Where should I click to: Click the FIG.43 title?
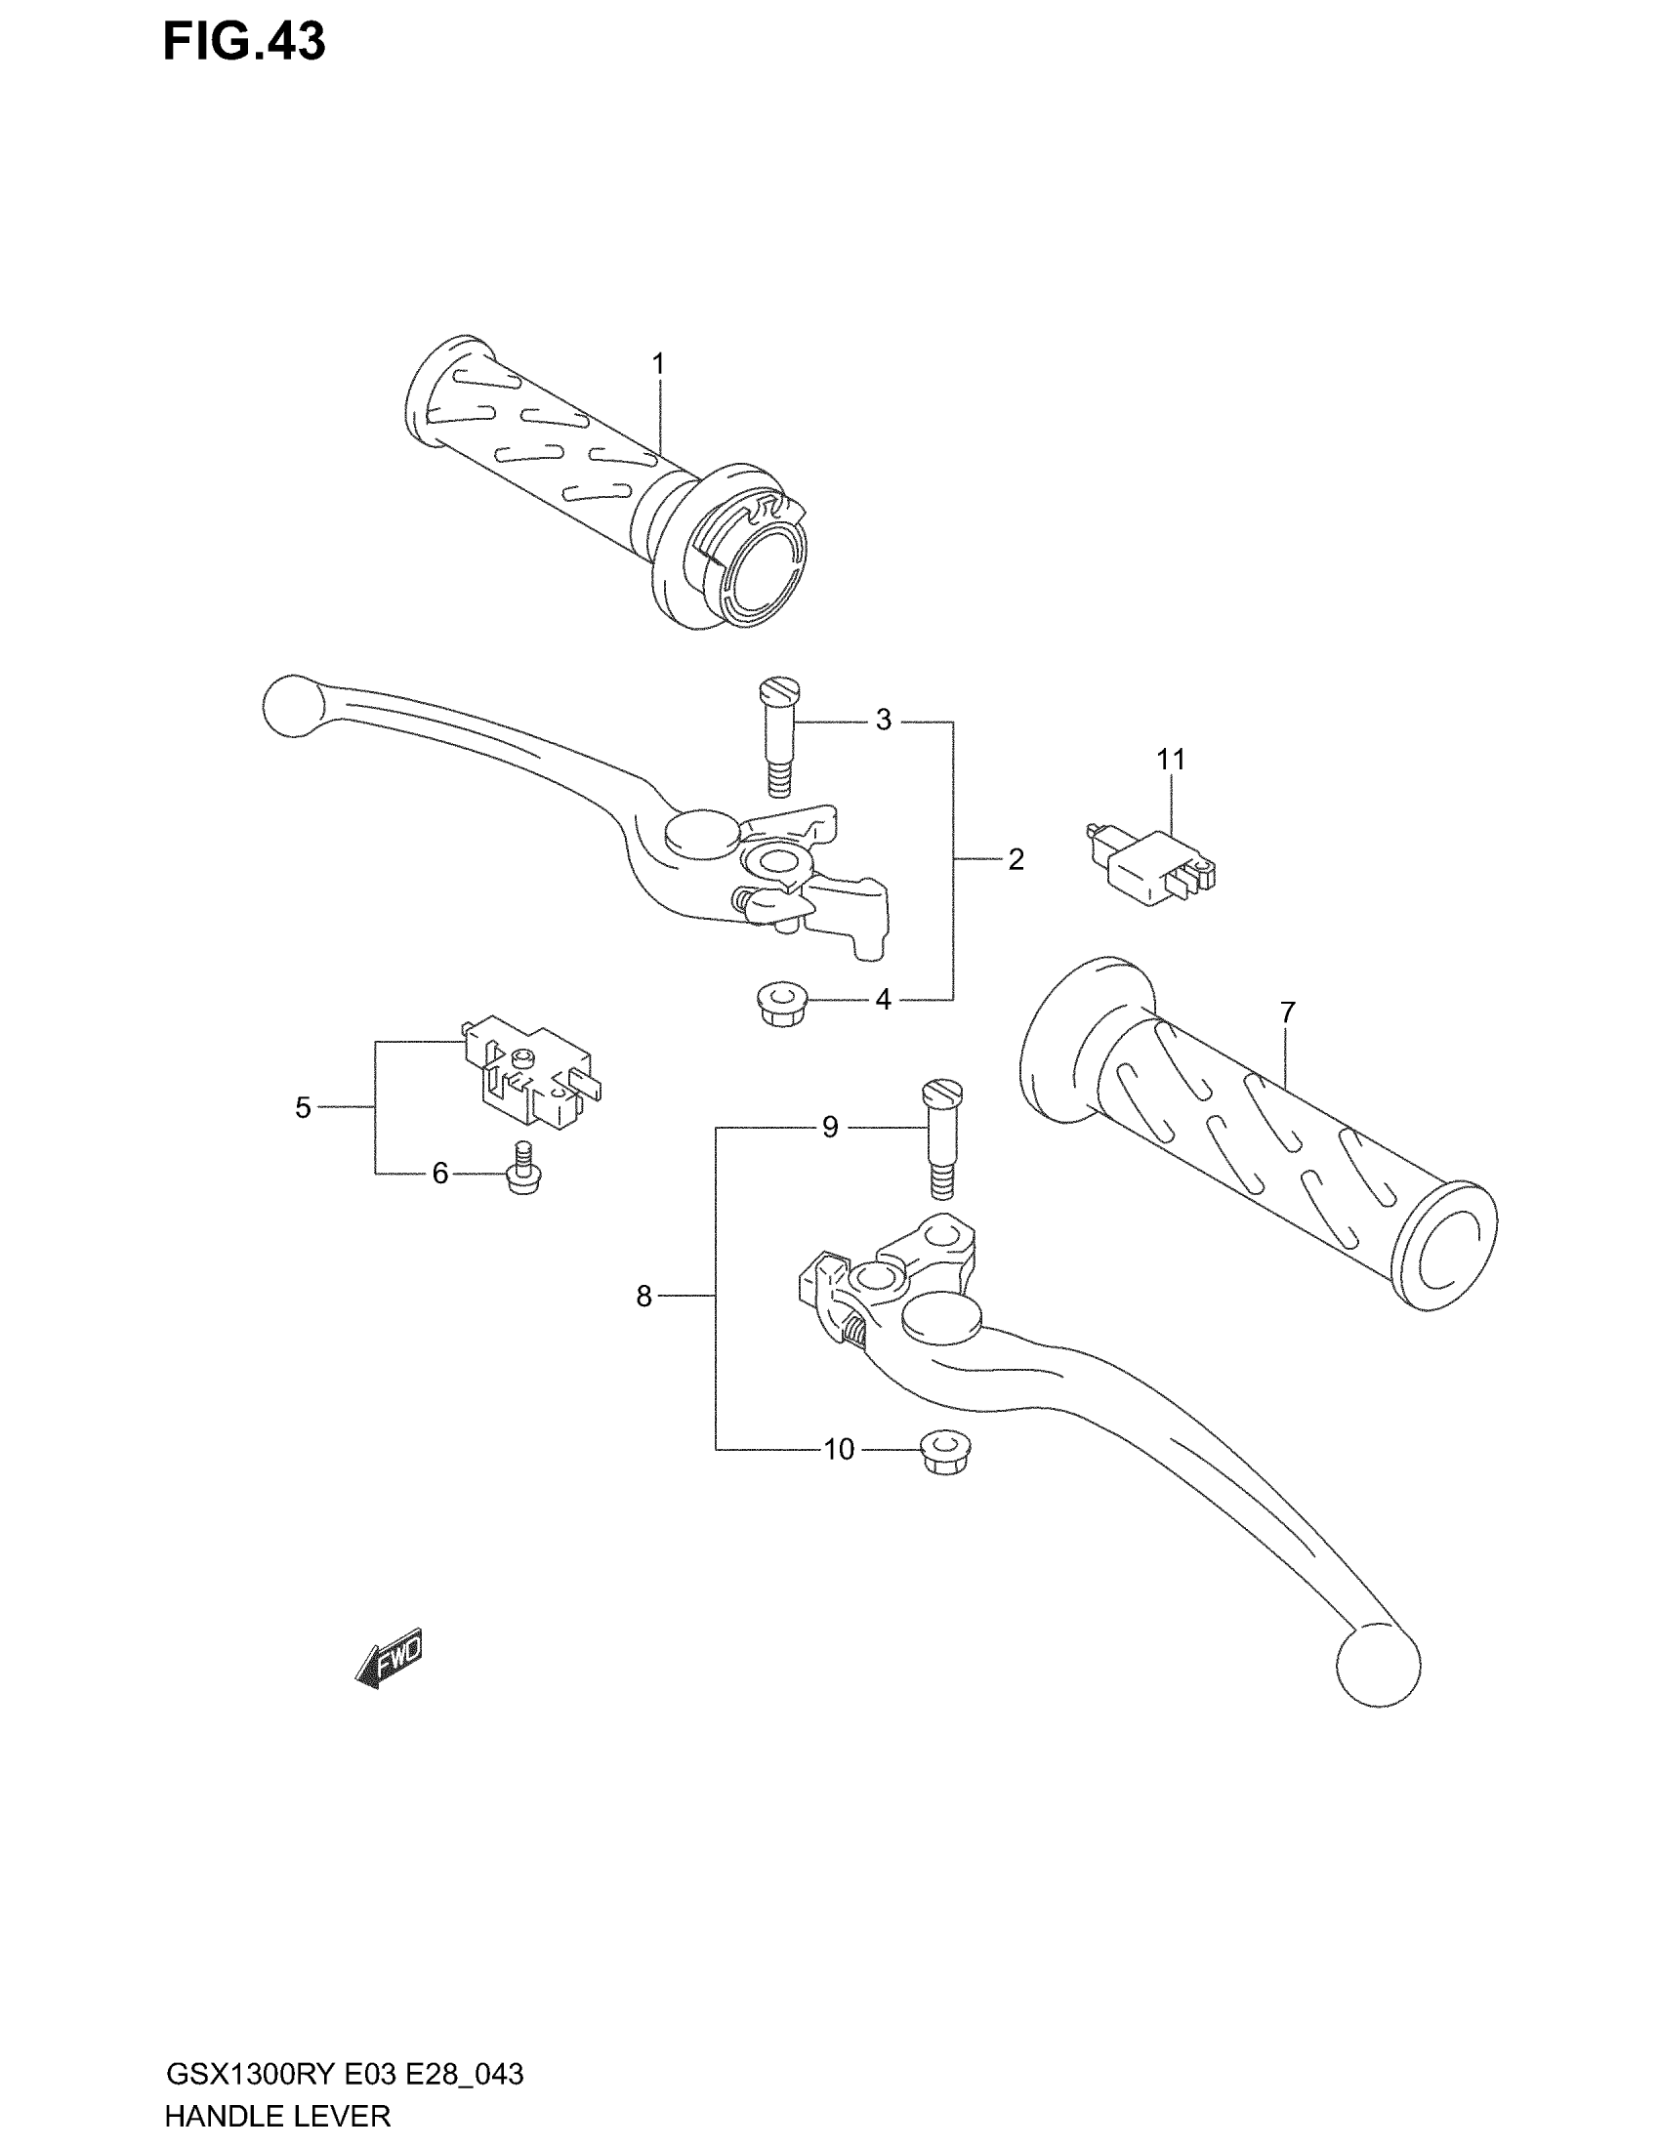click(244, 43)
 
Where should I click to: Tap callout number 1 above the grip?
click(658, 364)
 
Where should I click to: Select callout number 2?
click(1016, 859)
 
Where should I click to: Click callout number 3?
click(883, 721)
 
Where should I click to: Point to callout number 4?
click(883, 1000)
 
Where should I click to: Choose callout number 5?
click(303, 1107)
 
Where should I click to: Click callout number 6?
click(439, 1173)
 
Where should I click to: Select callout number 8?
click(644, 1297)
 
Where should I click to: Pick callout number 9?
click(830, 1127)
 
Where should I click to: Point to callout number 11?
click(1170, 760)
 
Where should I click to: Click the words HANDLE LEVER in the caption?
click(277, 2115)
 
